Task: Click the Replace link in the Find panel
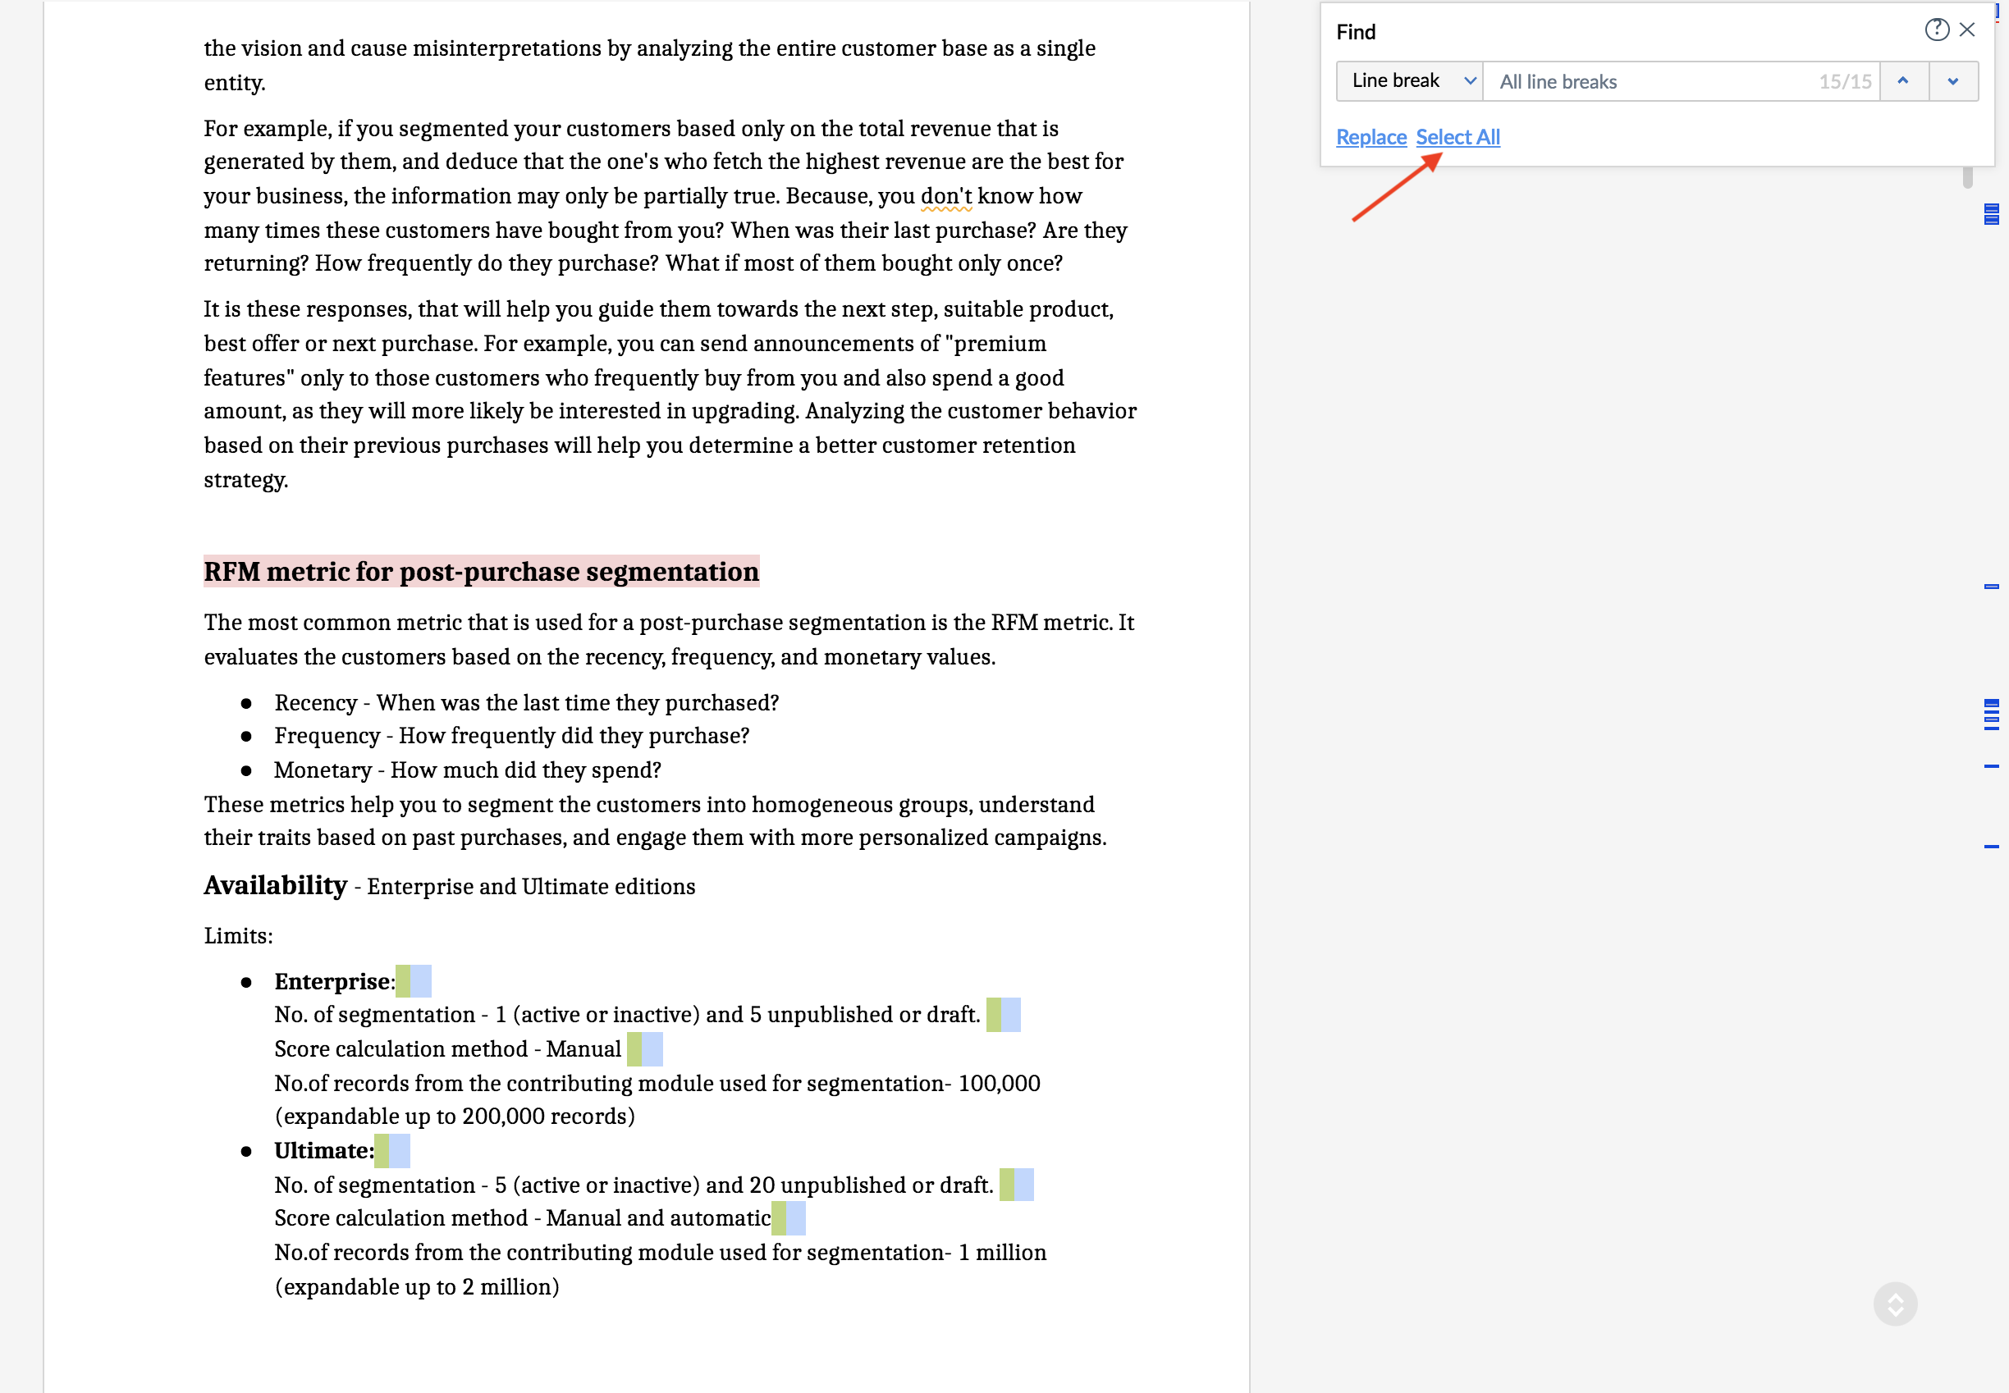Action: point(1371,137)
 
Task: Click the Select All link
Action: point(1458,137)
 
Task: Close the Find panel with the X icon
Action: point(1967,30)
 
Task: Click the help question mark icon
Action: point(1937,30)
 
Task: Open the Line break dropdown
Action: point(1409,81)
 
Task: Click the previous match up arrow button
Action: point(1903,81)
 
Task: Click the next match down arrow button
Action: point(1953,81)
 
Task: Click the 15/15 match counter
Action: point(1845,82)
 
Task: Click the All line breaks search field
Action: point(1650,82)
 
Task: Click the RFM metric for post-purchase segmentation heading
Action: point(481,572)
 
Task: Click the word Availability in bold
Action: point(276,885)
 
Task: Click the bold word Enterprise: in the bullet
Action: point(334,981)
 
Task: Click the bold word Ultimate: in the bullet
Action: point(324,1150)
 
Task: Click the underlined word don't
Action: point(945,195)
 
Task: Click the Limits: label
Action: point(238,936)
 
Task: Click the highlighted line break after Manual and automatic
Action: point(789,1217)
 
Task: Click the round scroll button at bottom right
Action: point(1896,1304)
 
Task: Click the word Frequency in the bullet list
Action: point(327,736)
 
